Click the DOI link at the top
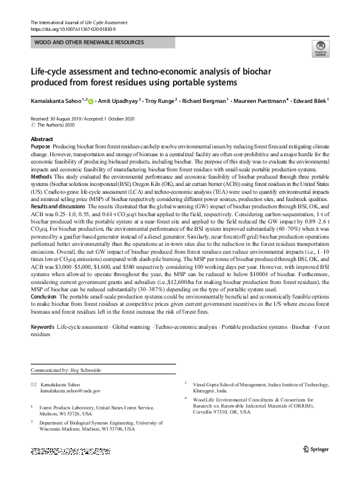point(73,28)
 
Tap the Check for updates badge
point(319,48)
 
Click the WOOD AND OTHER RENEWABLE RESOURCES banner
point(90,43)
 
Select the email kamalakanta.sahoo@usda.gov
point(70,391)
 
